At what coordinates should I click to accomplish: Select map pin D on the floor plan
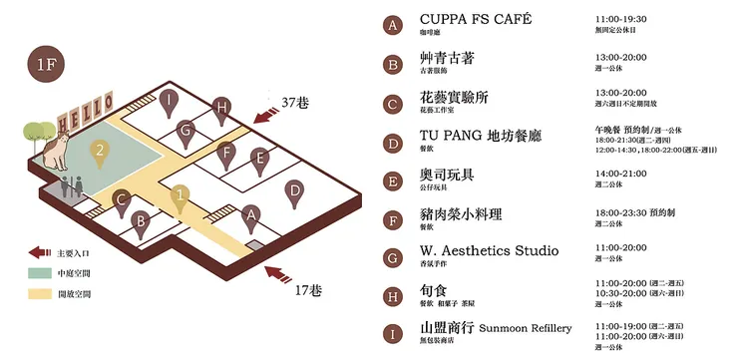coord(293,190)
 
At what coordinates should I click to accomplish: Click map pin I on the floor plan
coord(173,100)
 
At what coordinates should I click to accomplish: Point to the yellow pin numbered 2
coord(99,152)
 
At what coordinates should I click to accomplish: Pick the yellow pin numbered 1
coord(180,196)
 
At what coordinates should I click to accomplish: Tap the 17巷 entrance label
coord(308,291)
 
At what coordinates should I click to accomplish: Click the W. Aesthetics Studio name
coord(489,250)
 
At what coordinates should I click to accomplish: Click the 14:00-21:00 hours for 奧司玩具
coord(621,174)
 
